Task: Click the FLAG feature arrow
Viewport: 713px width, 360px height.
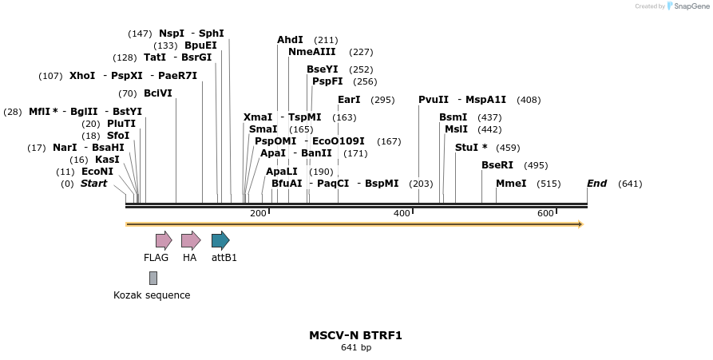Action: click(x=164, y=240)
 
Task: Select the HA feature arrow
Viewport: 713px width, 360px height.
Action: click(x=190, y=240)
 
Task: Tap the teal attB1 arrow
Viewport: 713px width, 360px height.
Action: click(x=220, y=240)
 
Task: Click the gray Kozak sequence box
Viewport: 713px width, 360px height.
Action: click(x=153, y=278)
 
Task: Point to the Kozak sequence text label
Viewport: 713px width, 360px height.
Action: click(x=152, y=295)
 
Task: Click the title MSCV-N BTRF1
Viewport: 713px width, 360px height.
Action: click(x=355, y=335)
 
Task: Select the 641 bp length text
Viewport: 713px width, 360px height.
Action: click(x=355, y=348)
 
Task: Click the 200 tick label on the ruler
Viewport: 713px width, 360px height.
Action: click(x=258, y=213)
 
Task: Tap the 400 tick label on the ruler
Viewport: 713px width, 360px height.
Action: click(x=402, y=213)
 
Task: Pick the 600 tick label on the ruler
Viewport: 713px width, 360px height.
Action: click(x=545, y=213)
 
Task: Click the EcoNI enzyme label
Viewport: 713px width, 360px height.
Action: click(x=97, y=172)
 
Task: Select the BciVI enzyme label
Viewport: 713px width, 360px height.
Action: click(x=157, y=93)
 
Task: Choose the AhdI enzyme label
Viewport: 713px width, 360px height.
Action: click(x=290, y=40)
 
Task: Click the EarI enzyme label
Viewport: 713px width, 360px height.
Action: click(x=349, y=100)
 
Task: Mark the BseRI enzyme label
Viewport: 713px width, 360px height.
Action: click(x=497, y=165)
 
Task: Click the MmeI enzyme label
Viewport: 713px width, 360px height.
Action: click(x=511, y=184)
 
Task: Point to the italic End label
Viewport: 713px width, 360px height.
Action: click(x=596, y=184)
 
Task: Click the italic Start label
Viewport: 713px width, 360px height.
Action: click(x=93, y=184)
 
